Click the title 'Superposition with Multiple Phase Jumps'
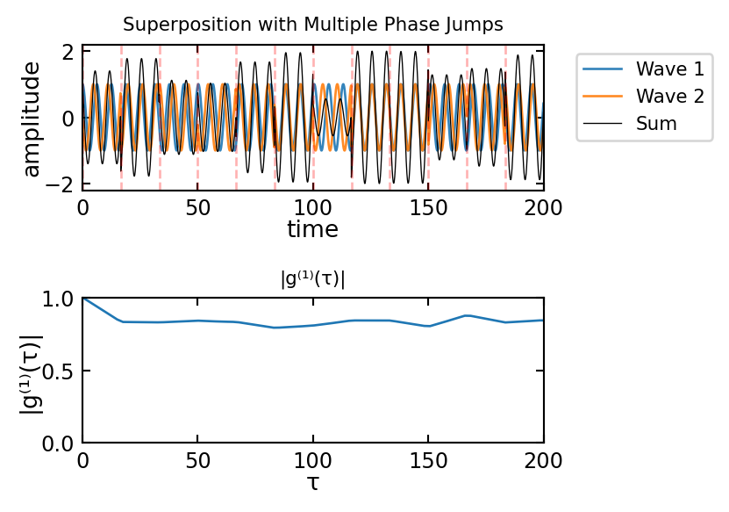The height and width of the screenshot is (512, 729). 313,24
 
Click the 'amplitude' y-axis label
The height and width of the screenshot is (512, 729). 32,119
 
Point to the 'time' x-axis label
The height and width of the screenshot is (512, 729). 313,230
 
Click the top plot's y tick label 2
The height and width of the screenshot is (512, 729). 68,52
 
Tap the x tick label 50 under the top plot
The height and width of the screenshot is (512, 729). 197,208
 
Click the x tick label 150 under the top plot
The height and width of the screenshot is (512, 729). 428,208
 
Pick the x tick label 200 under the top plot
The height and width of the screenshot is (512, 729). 544,208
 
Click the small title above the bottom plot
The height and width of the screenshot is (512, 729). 313,279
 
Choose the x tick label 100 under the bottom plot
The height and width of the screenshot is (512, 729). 313,462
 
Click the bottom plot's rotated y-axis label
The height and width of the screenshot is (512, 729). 32,371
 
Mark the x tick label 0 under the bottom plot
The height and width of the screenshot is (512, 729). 82,462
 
